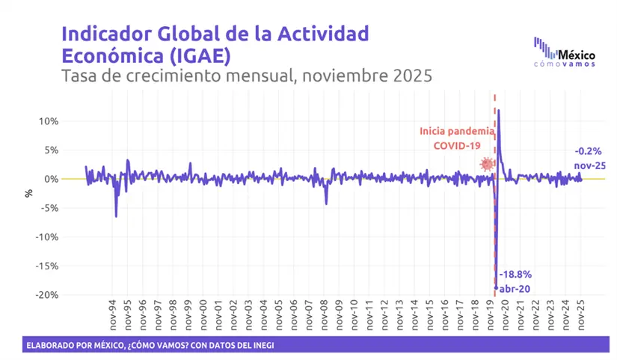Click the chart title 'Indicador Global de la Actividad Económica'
click(215, 44)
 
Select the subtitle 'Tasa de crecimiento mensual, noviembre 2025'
click(247, 76)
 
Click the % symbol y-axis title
click(29, 192)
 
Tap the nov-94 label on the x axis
click(112, 314)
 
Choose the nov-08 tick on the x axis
click(325, 314)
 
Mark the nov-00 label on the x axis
click(203, 314)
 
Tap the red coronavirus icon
click(487, 165)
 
